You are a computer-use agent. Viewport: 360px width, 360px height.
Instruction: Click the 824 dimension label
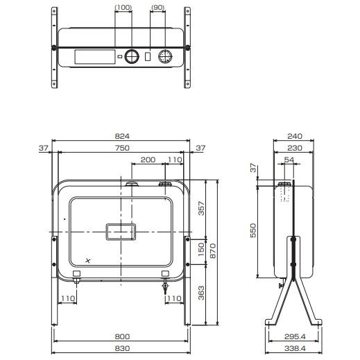pos(122,136)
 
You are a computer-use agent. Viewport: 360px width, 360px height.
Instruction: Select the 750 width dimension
pos(122,148)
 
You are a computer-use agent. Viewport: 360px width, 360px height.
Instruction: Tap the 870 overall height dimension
pos(213,251)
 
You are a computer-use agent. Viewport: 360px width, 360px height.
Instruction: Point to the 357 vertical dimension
pos(201,208)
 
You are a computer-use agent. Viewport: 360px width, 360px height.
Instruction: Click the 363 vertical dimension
pos(201,293)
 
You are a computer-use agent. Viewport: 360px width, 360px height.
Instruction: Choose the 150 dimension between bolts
pos(201,249)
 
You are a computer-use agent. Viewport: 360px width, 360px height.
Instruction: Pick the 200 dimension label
pos(148,160)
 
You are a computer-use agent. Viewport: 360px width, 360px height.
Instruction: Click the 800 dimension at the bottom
pos(122,336)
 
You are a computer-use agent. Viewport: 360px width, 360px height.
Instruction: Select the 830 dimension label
pos(122,348)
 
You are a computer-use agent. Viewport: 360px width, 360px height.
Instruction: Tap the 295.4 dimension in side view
pos(295,336)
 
